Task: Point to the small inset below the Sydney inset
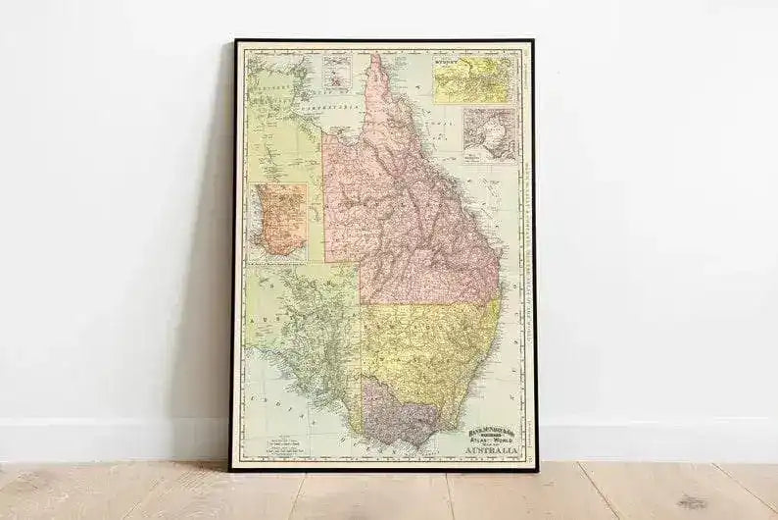click(488, 135)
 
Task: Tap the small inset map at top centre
click(337, 71)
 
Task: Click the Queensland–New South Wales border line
click(431, 303)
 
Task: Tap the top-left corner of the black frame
click(235, 41)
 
